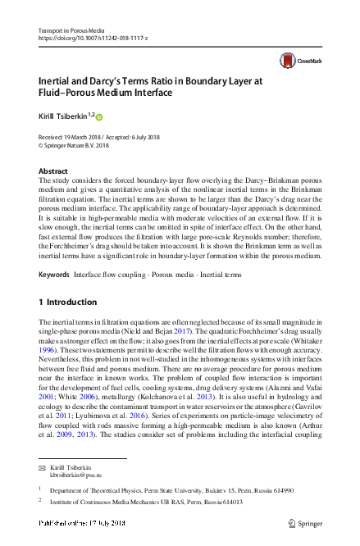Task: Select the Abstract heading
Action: pos(53,171)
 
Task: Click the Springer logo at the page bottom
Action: pos(305,523)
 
